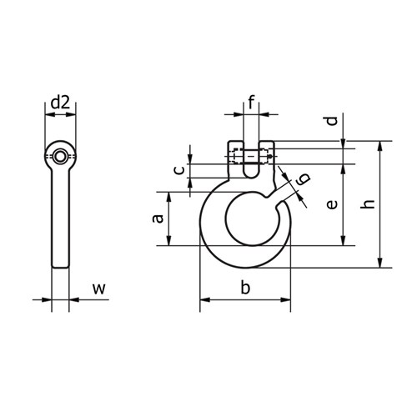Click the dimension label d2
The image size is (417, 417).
[x=60, y=103]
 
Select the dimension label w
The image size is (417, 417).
[x=98, y=289]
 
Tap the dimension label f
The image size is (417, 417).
[x=251, y=103]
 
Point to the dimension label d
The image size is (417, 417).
[x=332, y=121]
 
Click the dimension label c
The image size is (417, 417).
[x=177, y=170]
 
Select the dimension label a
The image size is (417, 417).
[x=156, y=219]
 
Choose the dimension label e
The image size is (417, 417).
[x=331, y=204]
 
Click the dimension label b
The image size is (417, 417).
[x=245, y=289]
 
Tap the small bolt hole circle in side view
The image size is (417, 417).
[x=60, y=156]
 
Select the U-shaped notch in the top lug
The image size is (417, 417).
[x=251, y=167]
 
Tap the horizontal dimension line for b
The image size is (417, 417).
[x=245, y=301]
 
